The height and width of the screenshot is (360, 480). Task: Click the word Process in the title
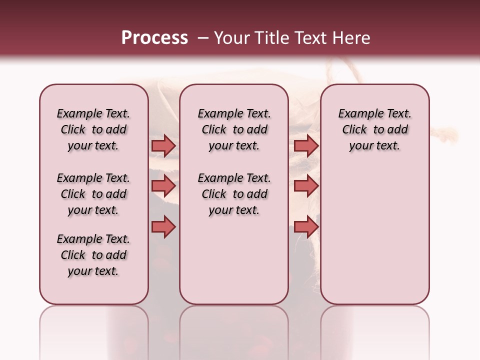[x=154, y=38]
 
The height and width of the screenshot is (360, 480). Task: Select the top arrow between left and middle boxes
[x=163, y=145]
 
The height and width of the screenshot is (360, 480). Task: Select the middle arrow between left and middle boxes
[x=163, y=186]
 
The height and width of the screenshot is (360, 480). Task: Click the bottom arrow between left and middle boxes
[x=163, y=226]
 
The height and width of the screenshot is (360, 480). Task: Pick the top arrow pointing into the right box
[x=306, y=145]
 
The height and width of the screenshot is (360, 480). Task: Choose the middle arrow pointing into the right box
[x=306, y=186]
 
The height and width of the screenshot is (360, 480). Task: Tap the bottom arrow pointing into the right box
[x=306, y=226]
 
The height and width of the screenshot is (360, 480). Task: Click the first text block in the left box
[x=93, y=129]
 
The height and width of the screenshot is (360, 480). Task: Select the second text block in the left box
[x=93, y=194]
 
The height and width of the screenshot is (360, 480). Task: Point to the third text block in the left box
[x=93, y=255]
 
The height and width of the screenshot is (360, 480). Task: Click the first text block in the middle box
[x=234, y=129]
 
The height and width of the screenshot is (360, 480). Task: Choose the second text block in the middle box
[x=234, y=194]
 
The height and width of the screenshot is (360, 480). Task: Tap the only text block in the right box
[x=374, y=129]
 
